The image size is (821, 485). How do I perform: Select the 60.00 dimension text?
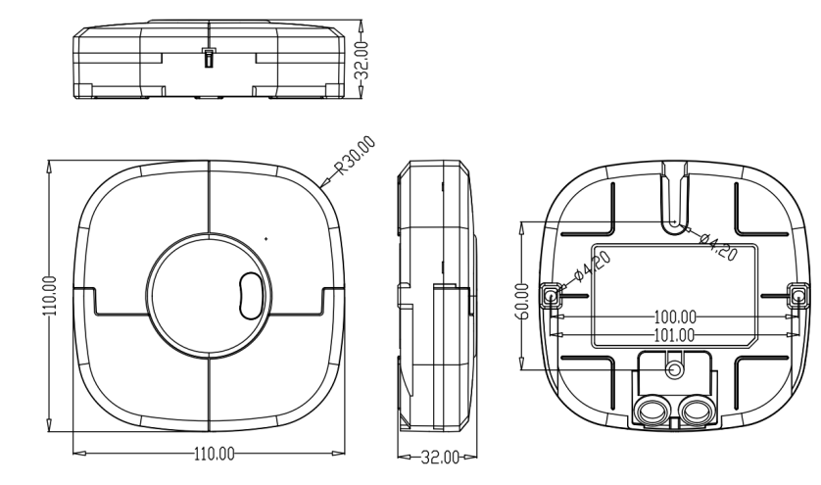pyautogui.click(x=526, y=301)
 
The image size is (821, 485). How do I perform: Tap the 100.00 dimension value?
pyautogui.click(x=674, y=317)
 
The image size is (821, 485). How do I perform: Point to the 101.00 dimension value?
pyautogui.click(x=674, y=334)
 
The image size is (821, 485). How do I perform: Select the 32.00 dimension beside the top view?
pyautogui.click(x=362, y=60)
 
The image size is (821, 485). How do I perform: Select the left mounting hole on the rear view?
pyautogui.click(x=551, y=295)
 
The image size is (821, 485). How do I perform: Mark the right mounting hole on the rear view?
pyautogui.click(x=798, y=295)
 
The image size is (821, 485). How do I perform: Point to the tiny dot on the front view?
pyautogui.click(x=266, y=238)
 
